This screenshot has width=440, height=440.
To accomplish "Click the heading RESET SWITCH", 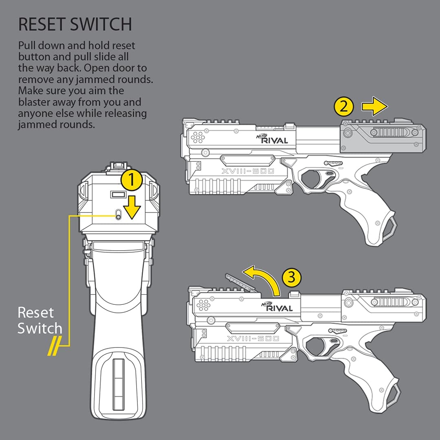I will coord(75,24).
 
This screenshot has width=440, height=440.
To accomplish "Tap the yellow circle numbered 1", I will coord(131,180).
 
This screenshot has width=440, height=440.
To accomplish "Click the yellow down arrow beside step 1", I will coord(132,206).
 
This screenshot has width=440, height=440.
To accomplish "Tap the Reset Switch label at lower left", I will coord(40,320).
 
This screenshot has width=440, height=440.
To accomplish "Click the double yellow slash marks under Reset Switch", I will coord(53,347).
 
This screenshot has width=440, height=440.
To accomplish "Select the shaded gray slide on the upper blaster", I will coord(383,137).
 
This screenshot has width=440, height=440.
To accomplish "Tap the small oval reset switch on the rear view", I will coord(118,215).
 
